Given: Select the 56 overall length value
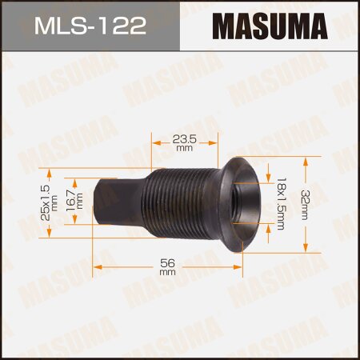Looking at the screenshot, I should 167,262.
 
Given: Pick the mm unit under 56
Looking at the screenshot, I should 167,272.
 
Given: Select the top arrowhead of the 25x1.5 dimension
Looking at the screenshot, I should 50,170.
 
